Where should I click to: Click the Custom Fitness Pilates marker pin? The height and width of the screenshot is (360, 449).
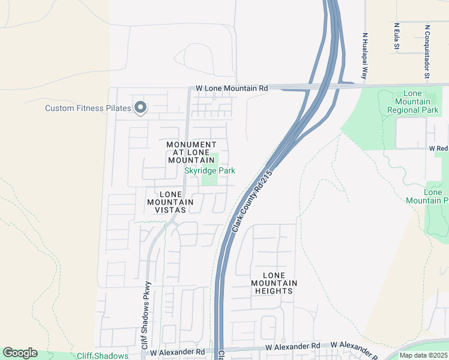140,108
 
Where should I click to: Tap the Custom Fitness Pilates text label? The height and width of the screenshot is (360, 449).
88,109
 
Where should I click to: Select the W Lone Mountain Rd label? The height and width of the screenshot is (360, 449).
232,88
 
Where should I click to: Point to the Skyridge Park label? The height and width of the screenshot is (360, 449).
209,171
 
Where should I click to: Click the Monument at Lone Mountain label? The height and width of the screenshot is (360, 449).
191,152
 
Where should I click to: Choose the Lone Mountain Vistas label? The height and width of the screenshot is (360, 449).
170,202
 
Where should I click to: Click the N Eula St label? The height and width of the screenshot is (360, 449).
397,37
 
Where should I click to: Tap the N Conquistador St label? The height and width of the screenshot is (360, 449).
427,52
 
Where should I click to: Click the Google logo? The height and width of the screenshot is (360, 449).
20,353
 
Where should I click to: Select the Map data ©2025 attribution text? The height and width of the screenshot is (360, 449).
423,355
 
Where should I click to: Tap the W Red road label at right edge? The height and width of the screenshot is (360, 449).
438,148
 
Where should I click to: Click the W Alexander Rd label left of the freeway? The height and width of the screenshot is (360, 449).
178,352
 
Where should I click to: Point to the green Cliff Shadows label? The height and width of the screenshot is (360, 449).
103,356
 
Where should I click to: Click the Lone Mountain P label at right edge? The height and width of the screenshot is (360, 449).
436,196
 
